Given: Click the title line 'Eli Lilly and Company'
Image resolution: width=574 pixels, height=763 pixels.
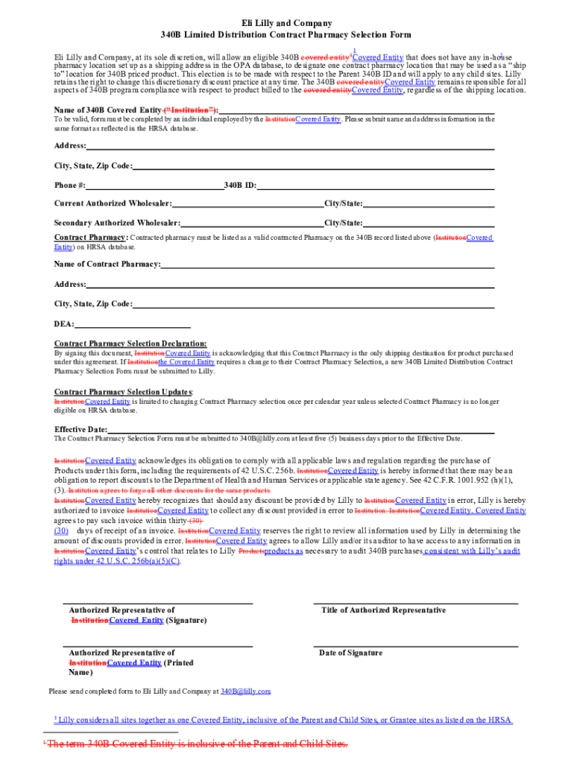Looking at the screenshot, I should pos(286,24).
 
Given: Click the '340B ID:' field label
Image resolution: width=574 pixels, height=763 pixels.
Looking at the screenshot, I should pos(240,186).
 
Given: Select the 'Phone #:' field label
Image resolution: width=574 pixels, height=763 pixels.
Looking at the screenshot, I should pos(70,186).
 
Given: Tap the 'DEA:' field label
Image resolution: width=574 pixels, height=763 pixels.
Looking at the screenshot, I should pos(64,324).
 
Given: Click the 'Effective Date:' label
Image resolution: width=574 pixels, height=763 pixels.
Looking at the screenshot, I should pos(81,430).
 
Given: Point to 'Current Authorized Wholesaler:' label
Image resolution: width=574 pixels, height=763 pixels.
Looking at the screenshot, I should pos(113,204).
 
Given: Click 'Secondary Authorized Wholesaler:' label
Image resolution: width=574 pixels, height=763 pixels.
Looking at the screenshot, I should pos(117,224).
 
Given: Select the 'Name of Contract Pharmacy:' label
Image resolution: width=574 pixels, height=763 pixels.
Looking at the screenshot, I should pos(107,265).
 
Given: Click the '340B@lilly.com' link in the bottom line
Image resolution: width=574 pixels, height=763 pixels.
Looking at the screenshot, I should pos(245,691).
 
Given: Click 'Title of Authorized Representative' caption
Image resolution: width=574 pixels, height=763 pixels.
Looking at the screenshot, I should pos(383,610).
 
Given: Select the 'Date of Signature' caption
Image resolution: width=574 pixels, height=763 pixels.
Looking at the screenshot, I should pos(350,653).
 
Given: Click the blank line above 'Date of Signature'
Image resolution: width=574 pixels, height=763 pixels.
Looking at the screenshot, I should pos(415,645).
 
